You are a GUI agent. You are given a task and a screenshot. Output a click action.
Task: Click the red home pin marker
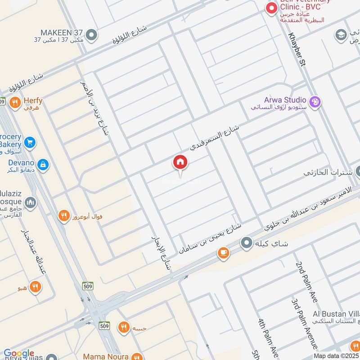(x=180, y=162)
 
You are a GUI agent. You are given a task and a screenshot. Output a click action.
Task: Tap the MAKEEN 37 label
(x=61, y=32)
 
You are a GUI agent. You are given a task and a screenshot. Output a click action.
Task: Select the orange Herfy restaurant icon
(x=15, y=102)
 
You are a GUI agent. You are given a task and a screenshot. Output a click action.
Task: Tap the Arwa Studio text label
(x=285, y=100)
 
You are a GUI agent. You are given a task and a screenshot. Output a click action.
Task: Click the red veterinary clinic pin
(x=271, y=9)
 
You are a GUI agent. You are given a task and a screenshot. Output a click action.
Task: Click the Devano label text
(x=21, y=162)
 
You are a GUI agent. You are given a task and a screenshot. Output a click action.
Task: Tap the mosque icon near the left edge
(x=30, y=203)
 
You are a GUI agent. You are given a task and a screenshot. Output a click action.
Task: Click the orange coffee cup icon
(x=223, y=254)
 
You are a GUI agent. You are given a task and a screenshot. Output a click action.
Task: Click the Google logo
(x=18, y=354)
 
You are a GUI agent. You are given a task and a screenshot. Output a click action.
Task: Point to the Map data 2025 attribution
(x=336, y=356)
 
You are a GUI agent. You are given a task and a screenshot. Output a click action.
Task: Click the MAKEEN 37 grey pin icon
(x=91, y=35)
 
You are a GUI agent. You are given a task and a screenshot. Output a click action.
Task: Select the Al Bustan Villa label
(x=336, y=314)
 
